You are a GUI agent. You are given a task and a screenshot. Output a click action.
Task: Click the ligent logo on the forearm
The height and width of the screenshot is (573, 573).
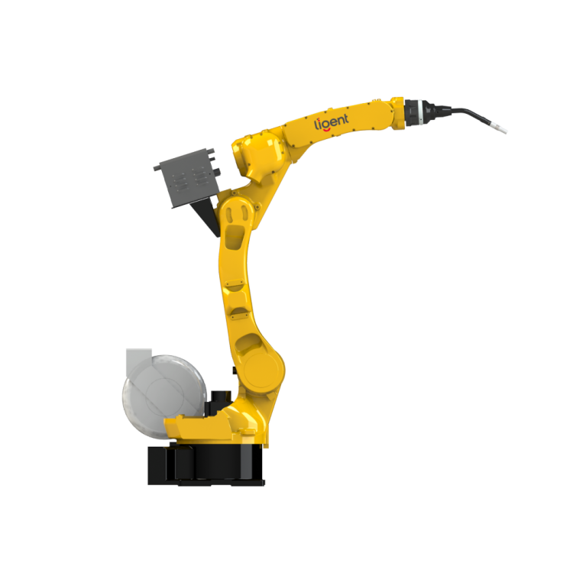tap(332, 122)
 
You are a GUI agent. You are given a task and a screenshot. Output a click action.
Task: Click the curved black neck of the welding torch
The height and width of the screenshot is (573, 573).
tap(471, 113)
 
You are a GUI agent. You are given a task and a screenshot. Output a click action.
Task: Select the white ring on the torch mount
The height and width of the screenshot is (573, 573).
tap(422, 112)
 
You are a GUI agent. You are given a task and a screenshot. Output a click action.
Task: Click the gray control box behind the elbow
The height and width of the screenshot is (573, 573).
tap(187, 178)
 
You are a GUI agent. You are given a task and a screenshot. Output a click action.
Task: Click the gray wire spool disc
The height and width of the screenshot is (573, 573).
tap(163, 396)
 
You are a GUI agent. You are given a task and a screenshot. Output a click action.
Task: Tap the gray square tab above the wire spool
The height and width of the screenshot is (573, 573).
tap(139, 360)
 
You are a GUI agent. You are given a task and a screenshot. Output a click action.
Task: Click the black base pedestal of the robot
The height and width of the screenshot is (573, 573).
tap(206, 465)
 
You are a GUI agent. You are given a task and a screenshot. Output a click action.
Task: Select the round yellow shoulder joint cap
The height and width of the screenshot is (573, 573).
tap(263, 370)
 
